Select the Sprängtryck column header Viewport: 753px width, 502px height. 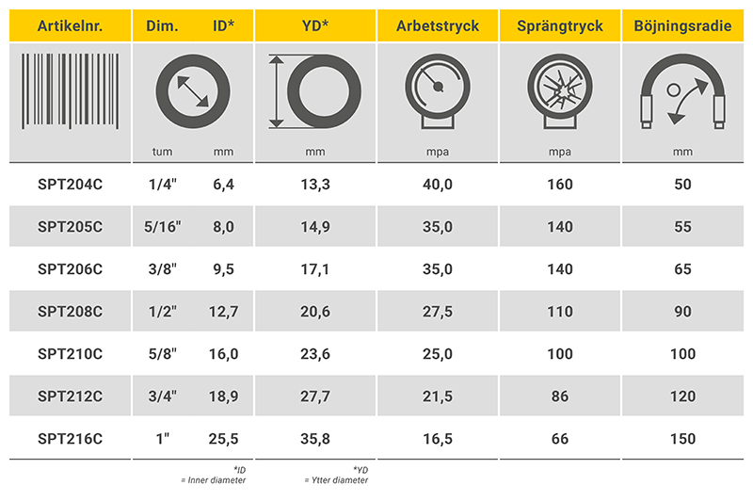point(560,25)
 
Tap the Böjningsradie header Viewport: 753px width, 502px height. point(682,25)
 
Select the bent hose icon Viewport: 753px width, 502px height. point(682,94)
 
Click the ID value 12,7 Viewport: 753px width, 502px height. point(221,312)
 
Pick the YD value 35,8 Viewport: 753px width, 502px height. point(315,439)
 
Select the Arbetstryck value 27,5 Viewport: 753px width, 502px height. point(438,312)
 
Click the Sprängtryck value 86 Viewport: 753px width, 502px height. point(560,397)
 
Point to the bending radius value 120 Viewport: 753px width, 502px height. point(682,397)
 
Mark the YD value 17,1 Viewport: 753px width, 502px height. point(315,269)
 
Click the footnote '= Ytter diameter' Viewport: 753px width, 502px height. point(336,480)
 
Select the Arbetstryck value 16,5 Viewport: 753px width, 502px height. point(438,439)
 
